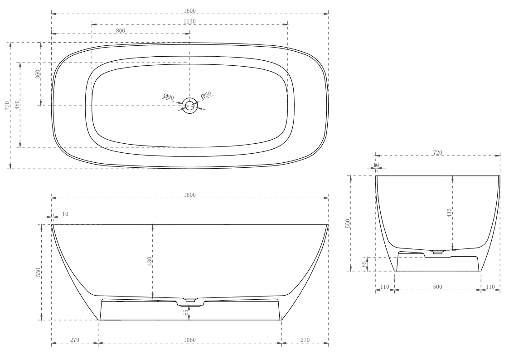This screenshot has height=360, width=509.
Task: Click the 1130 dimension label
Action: point(190,21)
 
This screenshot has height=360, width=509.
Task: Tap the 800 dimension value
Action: point(121,30)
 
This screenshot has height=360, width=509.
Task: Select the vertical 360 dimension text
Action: point(38,74)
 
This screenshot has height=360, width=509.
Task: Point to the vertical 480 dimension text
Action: point(17,105)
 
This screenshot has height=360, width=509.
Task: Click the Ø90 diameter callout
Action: point(169,97)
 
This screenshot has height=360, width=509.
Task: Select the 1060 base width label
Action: point(190,339)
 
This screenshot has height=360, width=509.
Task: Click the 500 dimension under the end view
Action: point(437,287)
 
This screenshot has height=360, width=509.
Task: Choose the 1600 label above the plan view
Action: point(190,10)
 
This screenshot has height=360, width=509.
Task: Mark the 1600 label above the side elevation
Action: point(190,195)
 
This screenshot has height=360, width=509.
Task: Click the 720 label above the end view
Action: point(437,153)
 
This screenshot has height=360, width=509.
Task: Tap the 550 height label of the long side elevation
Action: point(39,272)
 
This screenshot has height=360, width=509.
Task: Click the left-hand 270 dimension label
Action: point(75,339)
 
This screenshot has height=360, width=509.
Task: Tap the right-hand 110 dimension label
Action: point(490,287)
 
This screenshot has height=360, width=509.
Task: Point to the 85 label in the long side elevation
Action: point(186,312)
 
